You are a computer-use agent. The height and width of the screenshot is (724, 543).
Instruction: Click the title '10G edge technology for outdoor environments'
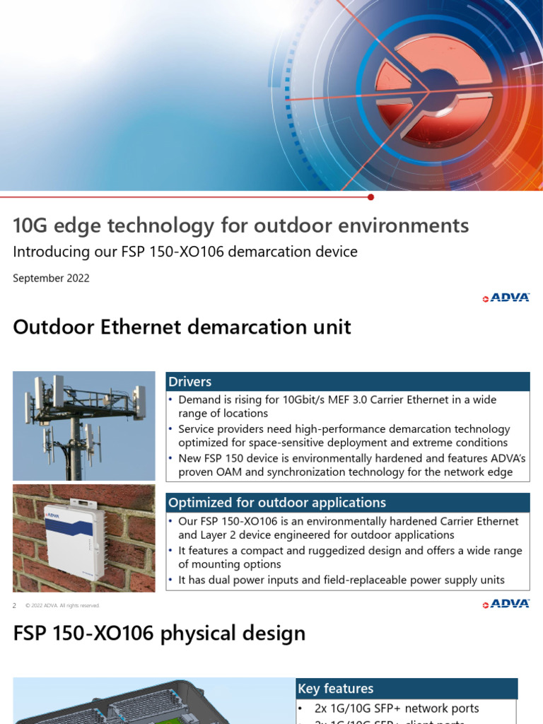[x=240, y=226]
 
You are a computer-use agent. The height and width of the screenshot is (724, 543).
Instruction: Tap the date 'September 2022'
[x=51, y=278]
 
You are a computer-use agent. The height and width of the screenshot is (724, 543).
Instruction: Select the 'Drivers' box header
[x=190, y=382]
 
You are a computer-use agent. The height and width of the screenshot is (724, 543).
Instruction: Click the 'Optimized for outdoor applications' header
[x=277, y=503]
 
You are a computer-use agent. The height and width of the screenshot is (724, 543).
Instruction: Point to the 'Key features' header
[x=336, y=689]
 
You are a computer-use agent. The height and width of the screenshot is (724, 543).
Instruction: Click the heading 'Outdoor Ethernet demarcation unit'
[x=182, y=327]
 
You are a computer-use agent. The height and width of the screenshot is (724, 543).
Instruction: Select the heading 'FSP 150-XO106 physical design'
[x=159, y=633]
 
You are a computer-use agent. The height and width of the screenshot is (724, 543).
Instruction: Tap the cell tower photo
[x=84, y=426]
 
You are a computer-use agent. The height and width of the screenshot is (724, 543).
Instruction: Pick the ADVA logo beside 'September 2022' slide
[x=506, y=298]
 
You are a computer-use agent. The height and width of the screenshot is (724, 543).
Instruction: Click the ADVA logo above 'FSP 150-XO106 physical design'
[x=506, y=604]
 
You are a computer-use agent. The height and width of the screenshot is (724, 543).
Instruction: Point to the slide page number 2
[x=15, y=606]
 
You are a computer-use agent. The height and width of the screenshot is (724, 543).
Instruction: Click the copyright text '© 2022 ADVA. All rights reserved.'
[x=62, y=606]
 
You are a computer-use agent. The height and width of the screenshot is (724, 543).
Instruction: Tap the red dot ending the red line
[x=371, y=197]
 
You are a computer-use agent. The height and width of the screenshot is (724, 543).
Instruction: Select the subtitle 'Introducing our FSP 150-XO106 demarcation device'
[x=185, y=252]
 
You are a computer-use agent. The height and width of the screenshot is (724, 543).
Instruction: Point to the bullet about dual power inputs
[x=341, y=580]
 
